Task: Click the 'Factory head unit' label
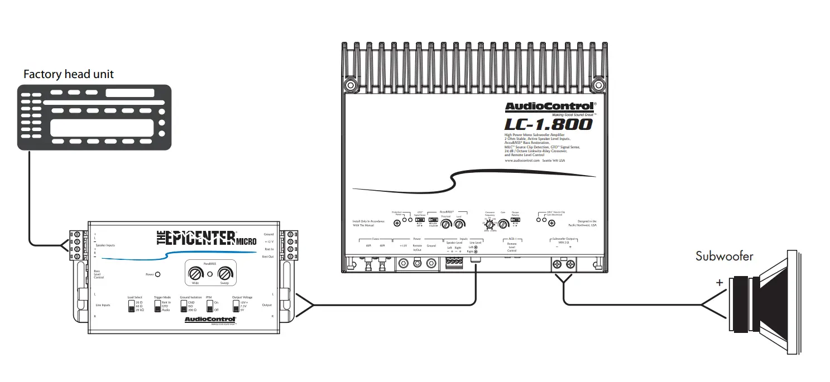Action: click(69, 74)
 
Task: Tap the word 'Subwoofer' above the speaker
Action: click(724, 256)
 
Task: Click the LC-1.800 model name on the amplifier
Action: click(549, 124)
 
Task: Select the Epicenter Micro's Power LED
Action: click(157, 274)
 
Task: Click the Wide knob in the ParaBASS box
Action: click(195, 274)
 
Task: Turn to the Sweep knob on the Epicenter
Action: click(224, 274)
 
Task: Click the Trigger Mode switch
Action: click(157, 305)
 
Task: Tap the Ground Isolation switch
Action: click(184, 305)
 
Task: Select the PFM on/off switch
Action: click(210, 305)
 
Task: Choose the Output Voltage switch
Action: click(236, 305)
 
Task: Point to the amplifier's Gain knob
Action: click(503, 224)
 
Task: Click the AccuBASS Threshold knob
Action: click(446, 224)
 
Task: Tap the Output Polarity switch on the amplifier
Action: click(515, 220)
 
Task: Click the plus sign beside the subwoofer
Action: click(719, 283)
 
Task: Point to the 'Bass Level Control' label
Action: click(99, 274)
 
